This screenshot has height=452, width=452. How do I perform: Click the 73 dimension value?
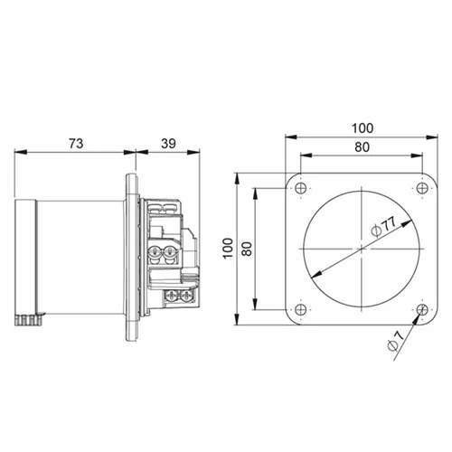point(76,144)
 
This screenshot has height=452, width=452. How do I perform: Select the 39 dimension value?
point(168,144)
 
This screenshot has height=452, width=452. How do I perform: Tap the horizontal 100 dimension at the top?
point(363,128)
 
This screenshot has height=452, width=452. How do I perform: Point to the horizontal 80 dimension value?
point(362,147)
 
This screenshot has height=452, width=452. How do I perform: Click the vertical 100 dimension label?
point(229,248)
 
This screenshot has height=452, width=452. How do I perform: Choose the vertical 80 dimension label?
point(247,249)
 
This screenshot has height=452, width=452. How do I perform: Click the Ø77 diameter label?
point(383,227)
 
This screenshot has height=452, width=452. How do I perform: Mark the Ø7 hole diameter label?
point(396,341)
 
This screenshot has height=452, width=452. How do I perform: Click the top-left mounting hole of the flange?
point(301,188)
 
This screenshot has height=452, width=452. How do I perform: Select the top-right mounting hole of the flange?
point(422,188)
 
